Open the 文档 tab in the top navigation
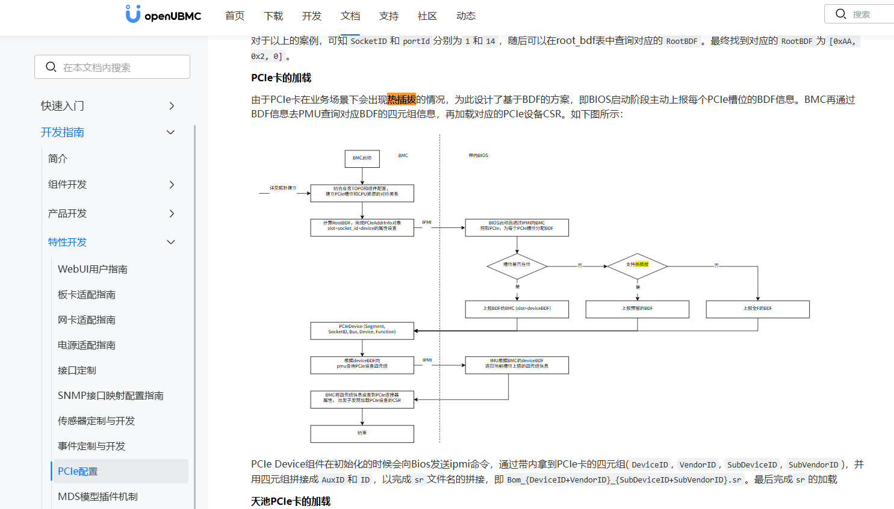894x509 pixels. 350,16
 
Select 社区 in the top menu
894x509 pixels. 427,16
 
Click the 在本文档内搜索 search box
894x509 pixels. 113,67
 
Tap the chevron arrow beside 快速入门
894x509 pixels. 172,106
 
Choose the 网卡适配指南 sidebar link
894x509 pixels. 87,320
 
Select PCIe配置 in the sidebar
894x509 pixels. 78,471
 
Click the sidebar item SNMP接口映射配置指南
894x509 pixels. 111,395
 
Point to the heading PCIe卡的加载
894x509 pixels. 281,78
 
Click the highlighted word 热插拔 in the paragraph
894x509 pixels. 402,99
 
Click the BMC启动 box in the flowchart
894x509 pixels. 362,158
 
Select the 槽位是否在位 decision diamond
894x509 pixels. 517,265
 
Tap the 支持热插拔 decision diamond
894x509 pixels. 637,265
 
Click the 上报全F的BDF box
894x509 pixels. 757,309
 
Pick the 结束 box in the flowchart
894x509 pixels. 362,433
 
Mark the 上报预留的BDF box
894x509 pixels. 637,309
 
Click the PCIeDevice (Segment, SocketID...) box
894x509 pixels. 362,330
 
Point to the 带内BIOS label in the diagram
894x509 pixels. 479,156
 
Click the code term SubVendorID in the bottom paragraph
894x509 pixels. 813,465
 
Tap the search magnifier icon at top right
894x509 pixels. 841,14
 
